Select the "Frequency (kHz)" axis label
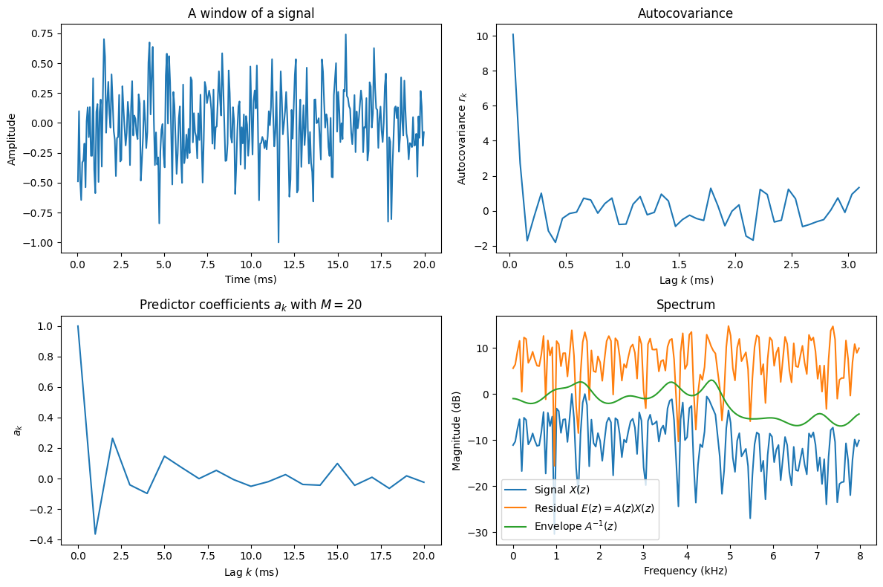coord(685,571)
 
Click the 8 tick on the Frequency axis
coord(860,557)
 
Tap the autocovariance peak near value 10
coord(512,34)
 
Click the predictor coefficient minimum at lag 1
coord(95,534)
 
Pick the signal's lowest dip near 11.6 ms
coord(278,242)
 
